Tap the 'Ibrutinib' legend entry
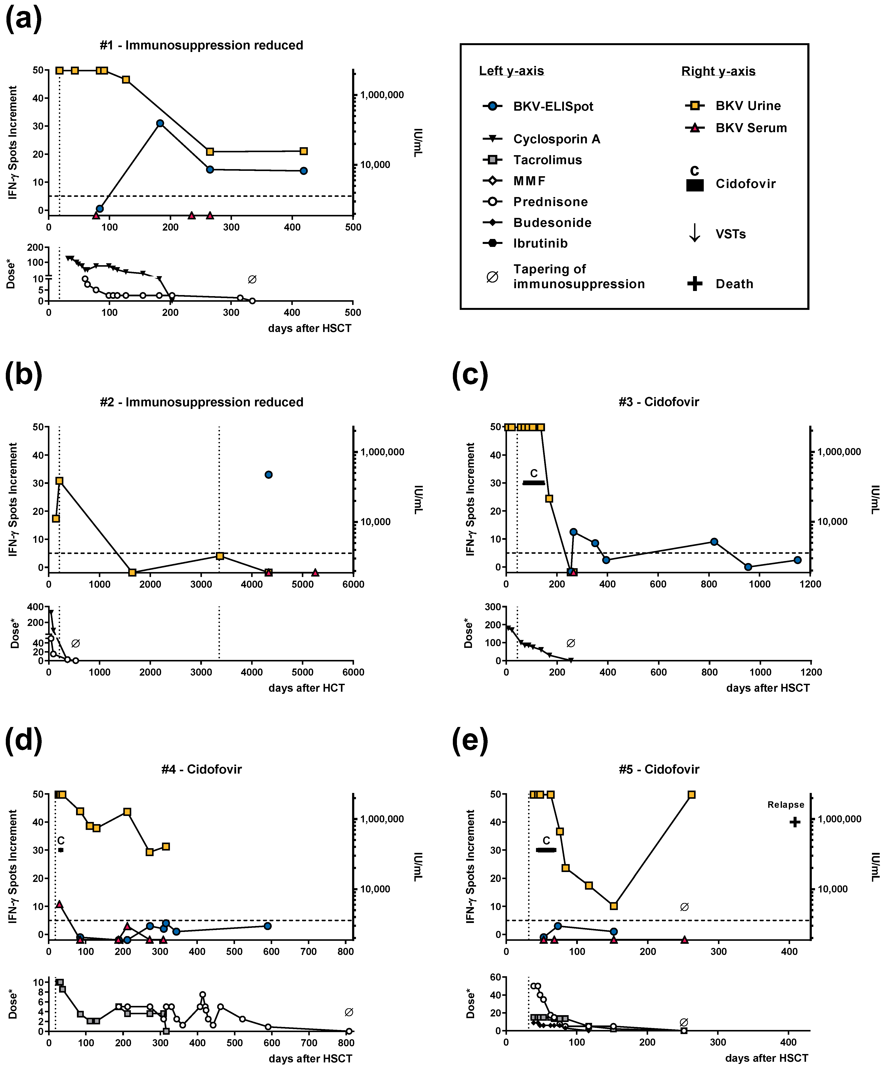(540, 243)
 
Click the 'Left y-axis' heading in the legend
(511, 71)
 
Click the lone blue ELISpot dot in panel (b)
(268, 474)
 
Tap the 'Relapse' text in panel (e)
(785, 805)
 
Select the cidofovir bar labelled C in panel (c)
(534, 482)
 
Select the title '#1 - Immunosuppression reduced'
(201, 45)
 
